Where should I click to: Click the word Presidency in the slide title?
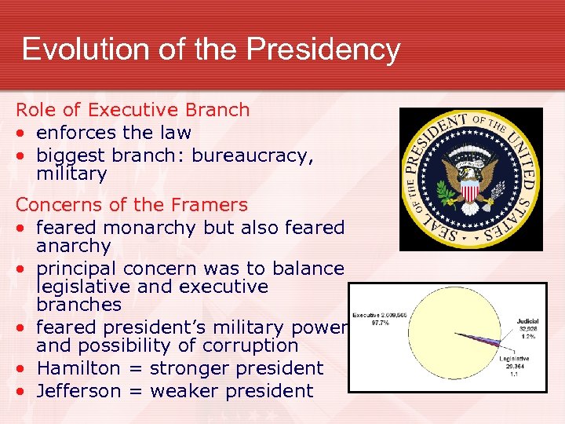click(x=323, y=49)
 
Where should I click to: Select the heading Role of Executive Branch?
click(x=133, y=110)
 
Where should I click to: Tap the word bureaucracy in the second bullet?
click(x=253, y=155)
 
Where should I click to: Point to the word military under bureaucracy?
click(x=71, y=174)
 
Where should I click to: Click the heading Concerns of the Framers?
click(x=131, y=206)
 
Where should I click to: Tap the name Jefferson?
click(x=79, y=391)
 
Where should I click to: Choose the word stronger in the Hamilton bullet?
click(x=186, y=368)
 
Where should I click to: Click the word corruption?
click(x=252, y=345)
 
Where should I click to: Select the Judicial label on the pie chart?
click(x=527, y=321)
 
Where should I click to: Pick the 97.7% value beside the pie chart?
click(x=379, y=322)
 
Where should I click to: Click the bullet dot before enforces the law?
click(x=20, y=133)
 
